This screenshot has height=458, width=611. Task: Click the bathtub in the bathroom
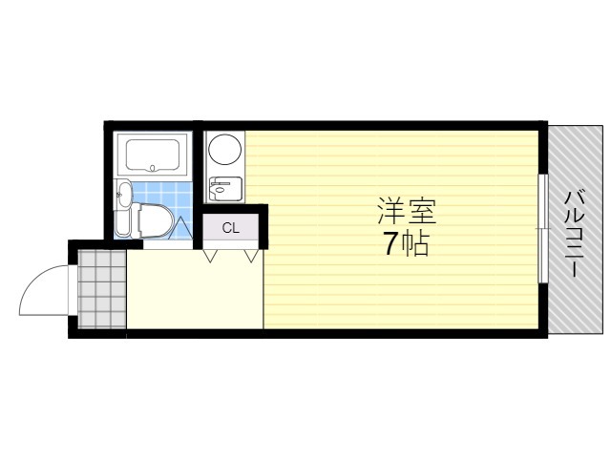coord(154,155)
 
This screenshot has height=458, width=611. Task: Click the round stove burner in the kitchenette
coord(226,150)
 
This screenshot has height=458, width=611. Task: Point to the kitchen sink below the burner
coord(225,188)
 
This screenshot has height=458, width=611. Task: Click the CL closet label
coord(230,228)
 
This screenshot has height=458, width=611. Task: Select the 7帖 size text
coord(405,245)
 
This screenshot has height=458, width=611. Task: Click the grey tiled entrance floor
coord(101,288)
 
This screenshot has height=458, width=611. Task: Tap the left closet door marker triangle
coord(211,256)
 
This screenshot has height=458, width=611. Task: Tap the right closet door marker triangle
coord(252,256)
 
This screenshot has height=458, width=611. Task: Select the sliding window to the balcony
coord(542,229)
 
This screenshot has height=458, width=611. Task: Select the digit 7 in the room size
coord(391,245)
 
